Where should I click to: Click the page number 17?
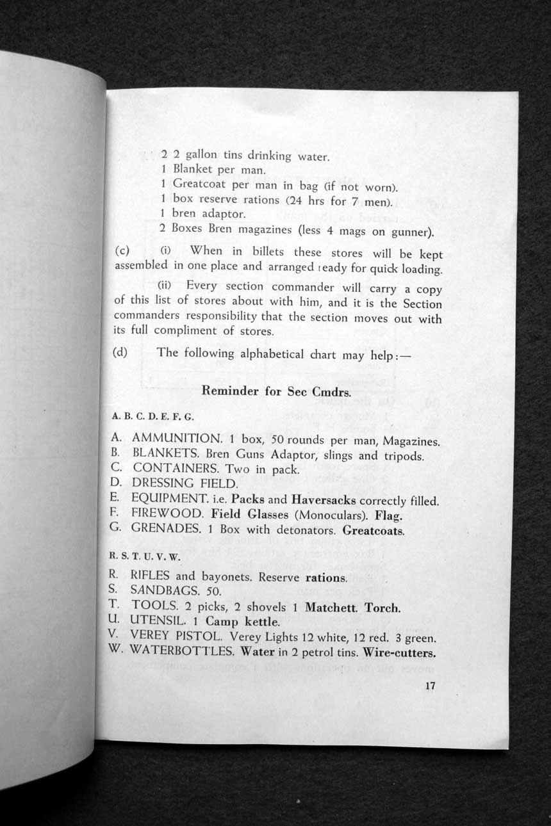(x=430, y=686)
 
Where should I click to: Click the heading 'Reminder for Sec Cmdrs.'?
(x=275, y=391)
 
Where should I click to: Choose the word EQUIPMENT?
(x=170, y=499)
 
